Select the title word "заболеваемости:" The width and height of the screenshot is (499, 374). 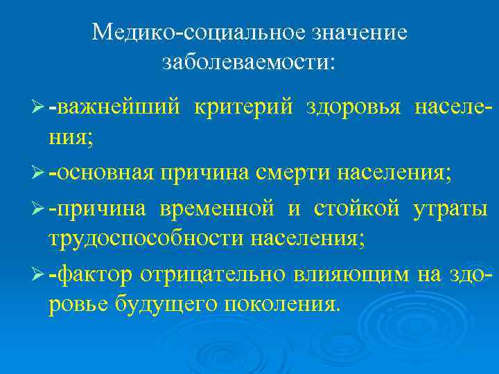[x=249, y=62]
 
